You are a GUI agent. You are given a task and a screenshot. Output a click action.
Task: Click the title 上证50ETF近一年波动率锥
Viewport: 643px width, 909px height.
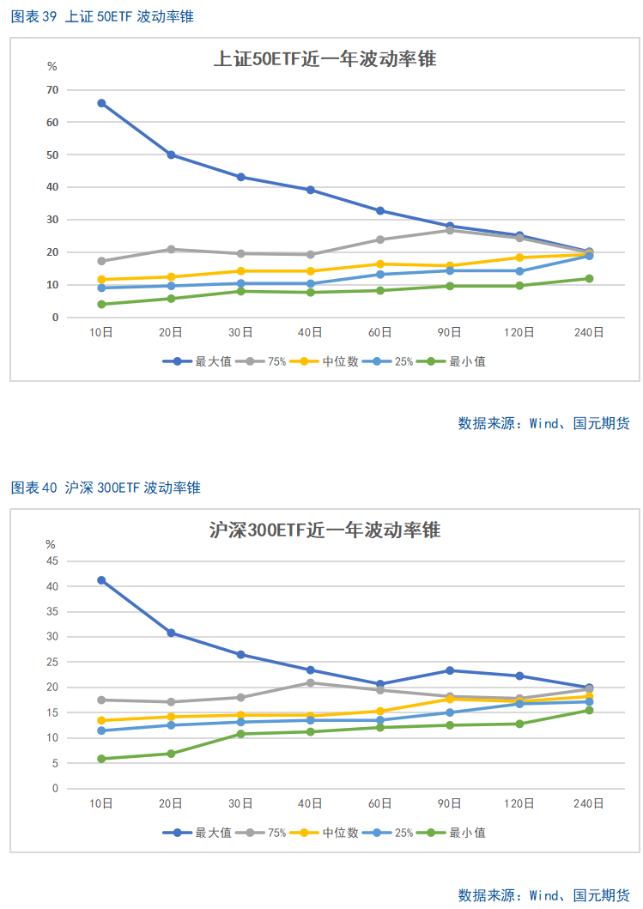[325, 59]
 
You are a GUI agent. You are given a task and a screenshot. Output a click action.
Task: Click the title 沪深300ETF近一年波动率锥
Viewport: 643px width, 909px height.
[325, 530]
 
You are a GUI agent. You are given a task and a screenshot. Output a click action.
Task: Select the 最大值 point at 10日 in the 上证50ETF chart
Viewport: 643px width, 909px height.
[101, 103]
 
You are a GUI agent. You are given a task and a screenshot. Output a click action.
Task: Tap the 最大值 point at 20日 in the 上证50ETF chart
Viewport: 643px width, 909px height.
[171, 155]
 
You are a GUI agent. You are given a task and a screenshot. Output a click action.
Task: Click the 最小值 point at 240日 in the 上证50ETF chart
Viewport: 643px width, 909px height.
[589, 278]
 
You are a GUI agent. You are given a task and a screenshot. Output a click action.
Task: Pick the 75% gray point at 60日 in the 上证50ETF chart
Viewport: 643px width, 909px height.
[380, 239]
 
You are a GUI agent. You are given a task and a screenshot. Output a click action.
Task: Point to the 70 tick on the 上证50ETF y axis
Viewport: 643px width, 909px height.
[52, 90]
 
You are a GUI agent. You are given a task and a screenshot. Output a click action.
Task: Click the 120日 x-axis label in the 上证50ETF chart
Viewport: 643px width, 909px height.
[519, 333]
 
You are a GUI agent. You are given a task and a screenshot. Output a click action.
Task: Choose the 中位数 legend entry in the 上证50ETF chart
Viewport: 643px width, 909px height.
[331, 362]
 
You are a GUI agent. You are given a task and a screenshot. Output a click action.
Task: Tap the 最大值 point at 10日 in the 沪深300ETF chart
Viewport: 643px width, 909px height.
[101, 580]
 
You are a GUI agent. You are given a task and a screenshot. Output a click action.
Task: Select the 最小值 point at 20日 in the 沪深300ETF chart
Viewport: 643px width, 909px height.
[171, 754]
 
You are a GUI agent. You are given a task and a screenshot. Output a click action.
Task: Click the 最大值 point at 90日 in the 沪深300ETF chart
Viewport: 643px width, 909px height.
[450, 670]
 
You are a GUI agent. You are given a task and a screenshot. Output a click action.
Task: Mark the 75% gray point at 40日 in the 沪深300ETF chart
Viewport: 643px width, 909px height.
[310, 682]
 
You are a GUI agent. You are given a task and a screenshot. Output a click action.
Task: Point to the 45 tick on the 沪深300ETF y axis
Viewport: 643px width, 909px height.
[52, 561]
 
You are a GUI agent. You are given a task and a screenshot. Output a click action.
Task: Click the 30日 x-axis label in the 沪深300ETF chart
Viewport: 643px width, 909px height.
[240, 804]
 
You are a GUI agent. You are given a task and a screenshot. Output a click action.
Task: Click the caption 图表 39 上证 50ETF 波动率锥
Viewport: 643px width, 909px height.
[101, 16]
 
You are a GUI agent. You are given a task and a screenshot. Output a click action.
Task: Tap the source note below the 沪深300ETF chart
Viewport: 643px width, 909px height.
[543, 895]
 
